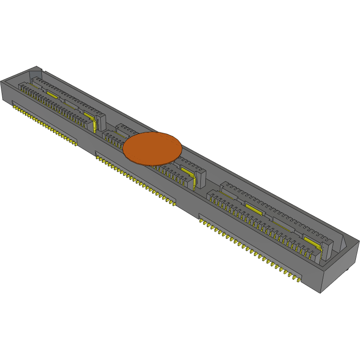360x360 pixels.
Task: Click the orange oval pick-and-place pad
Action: (152, 149)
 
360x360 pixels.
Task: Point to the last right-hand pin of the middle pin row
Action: (173, 203)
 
